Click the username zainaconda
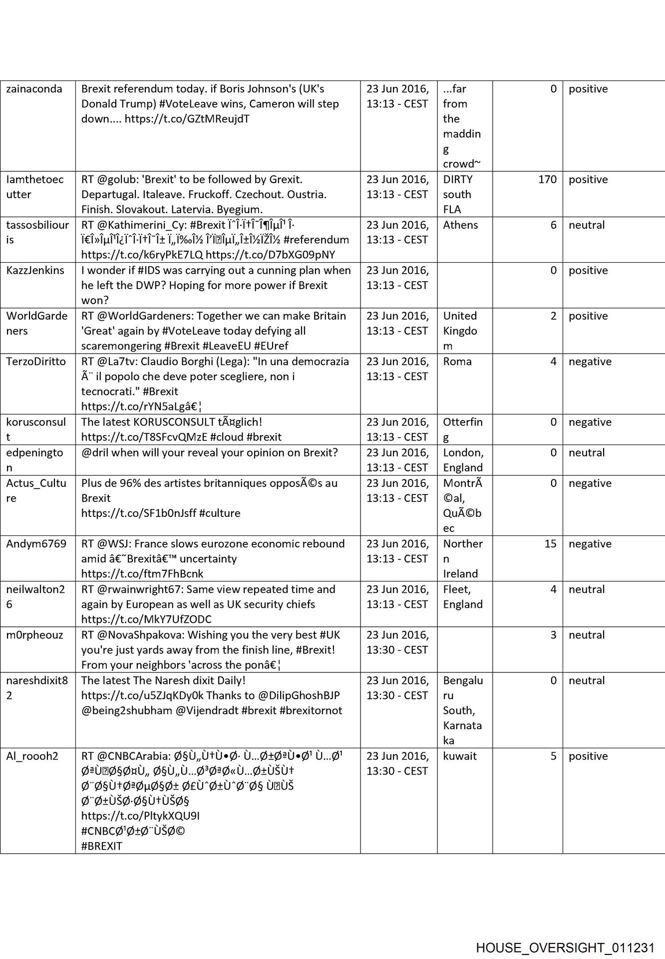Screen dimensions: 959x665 point(34,89)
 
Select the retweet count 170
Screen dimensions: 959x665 point(547,180)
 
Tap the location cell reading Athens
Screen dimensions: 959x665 point(460,225)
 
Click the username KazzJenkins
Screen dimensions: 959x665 point(35,271)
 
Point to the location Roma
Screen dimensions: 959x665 point(457,362)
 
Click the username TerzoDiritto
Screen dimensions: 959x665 point(36,362)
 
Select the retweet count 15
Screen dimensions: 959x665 point(550,544)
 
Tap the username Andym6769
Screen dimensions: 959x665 point(36,544)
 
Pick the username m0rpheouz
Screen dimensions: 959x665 point(35,635)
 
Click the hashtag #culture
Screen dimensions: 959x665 point(220,513)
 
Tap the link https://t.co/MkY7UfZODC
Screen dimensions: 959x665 point(146,620)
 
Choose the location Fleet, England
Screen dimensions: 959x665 point(463,597)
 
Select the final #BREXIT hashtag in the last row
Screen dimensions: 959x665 point(102,847)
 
